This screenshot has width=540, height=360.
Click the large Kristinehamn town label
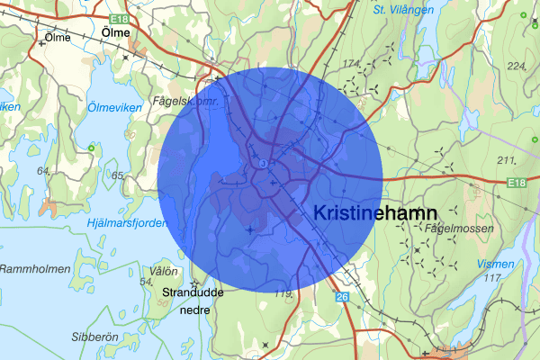[375, 213]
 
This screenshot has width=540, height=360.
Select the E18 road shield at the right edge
[516, 184]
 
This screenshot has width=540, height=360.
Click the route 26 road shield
[342, 297]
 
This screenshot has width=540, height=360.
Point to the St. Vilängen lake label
[402, 10]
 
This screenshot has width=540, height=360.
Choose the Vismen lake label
[498, 265]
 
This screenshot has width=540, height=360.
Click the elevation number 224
[517, 67]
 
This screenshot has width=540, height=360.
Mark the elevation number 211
[506, 161]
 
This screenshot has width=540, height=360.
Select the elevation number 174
[350, 62]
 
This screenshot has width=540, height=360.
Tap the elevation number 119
[284, 293]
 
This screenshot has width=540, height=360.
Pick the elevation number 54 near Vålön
[145, 283]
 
